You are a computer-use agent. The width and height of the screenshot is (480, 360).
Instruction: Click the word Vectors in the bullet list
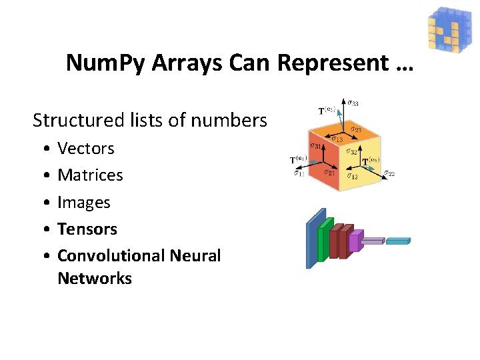86,148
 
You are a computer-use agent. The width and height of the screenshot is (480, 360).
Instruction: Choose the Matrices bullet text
90,175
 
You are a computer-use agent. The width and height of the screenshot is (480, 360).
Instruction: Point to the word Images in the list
84,202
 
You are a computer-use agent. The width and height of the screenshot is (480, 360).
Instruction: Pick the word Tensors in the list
87,229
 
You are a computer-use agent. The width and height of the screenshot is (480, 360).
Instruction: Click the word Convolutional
111,255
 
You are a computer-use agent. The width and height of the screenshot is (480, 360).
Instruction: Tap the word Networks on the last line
95,278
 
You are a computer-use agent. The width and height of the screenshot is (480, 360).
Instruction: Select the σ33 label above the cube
353,103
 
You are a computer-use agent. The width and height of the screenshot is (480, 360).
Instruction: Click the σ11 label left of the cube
299,175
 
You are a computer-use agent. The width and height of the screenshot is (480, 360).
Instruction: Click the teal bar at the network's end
398,241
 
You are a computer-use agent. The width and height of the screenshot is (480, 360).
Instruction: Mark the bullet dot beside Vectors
43,149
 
